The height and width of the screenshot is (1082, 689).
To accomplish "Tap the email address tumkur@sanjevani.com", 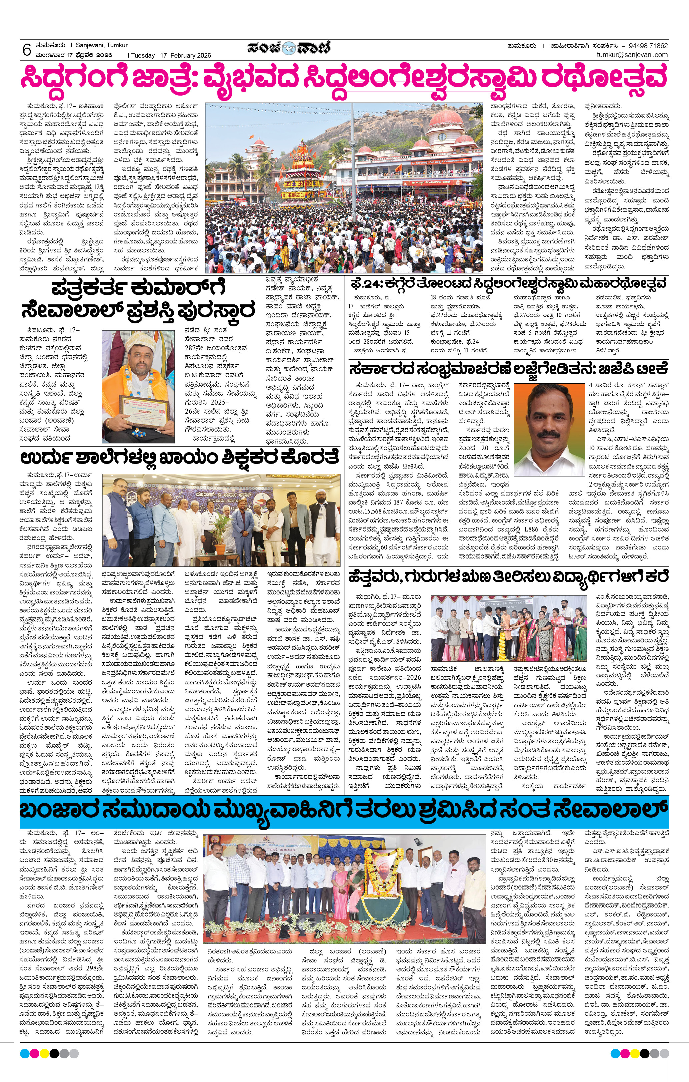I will [x=632, y=55].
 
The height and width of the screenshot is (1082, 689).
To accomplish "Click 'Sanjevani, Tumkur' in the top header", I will [x=102, y=45].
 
